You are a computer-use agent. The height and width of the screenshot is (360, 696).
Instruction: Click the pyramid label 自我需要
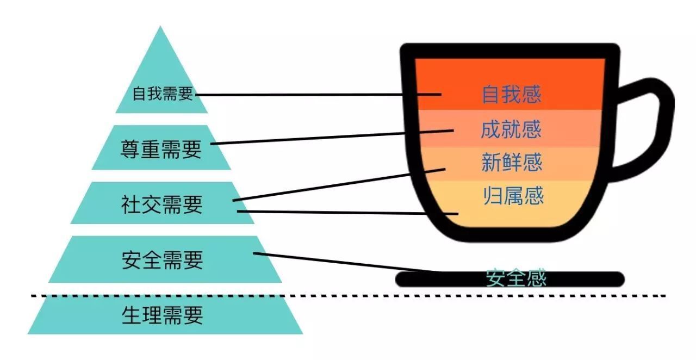(163, 94)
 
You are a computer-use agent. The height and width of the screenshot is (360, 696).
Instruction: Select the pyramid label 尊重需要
(161, 149)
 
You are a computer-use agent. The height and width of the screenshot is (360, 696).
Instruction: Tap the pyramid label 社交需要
(162, 204)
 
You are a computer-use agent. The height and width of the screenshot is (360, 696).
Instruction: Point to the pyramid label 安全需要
(162, 260)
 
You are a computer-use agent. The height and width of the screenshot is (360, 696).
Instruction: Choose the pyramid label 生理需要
(162, 315)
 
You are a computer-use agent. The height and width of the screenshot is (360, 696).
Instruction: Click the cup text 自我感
(512, 94)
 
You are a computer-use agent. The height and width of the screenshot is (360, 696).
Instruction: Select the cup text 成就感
(511, 129)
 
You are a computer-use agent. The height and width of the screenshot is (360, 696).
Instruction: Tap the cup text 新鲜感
(512, 162)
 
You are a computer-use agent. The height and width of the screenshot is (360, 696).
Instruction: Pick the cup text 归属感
(513, 196)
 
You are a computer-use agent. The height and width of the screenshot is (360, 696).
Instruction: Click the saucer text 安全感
(516, 278)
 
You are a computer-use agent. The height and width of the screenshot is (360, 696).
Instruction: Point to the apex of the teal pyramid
(160, 26)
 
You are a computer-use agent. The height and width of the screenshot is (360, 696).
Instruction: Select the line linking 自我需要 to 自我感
(319, 95)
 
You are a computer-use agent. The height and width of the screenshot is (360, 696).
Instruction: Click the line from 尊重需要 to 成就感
(332, 137)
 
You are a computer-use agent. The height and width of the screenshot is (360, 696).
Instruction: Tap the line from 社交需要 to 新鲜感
(339, 185)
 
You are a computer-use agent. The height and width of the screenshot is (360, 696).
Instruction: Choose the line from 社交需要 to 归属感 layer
(347, 213)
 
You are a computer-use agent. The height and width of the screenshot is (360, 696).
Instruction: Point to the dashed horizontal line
(348, 296)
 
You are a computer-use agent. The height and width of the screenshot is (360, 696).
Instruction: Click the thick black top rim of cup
(510, 51)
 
